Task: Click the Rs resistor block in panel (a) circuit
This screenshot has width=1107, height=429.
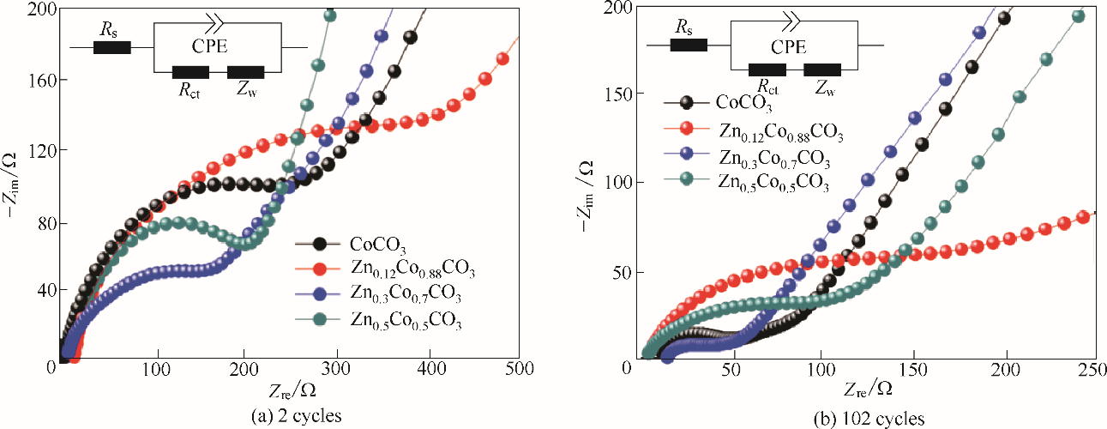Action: coord(111,47)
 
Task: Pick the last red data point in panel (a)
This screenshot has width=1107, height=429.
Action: coord(503,59)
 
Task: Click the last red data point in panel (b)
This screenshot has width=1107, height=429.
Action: coord(1083,216)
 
